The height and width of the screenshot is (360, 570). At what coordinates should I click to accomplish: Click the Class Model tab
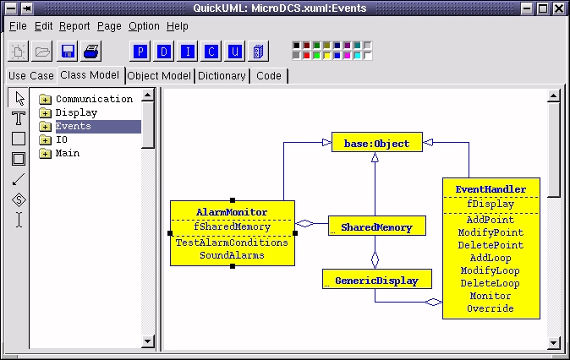click(x=90, y=75)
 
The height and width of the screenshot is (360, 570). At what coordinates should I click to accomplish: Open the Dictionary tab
click(x=222, y=76)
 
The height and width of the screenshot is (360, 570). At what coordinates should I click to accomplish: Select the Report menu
click(x=74, y=26)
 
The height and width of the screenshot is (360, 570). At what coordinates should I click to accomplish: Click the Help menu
click(x=178, y=26)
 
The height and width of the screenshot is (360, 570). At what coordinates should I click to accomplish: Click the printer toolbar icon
click(x=90, y=52)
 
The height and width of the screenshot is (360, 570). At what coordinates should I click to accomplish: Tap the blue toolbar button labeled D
click(x=164, y=52)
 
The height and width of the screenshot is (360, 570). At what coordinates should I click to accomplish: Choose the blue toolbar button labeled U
click(x=235, y=52)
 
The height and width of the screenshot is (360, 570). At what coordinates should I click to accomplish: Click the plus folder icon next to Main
click(x=45, y=153)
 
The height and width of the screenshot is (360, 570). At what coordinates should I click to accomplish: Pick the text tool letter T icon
click(x=19, y=118)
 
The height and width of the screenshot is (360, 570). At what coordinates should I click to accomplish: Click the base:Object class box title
click(x=377, y=143)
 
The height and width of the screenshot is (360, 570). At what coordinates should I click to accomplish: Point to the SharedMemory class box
click(x=377, y=226)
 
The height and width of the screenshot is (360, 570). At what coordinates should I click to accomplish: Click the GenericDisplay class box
click(x=377, y=280)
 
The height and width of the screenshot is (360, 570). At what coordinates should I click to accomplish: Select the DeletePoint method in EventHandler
click(x=491, y=245)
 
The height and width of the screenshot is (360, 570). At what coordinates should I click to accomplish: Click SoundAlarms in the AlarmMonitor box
click(x=232, y=255)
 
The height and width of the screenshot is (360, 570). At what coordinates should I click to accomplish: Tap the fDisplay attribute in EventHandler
click(x=491, y=204)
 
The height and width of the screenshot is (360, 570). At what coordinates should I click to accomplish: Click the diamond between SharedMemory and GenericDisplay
click(x=375, y=259)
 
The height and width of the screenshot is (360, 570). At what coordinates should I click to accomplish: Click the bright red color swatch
click(x=306, y=56)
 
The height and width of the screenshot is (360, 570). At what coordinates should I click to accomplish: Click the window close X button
click(x=559, y=8)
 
